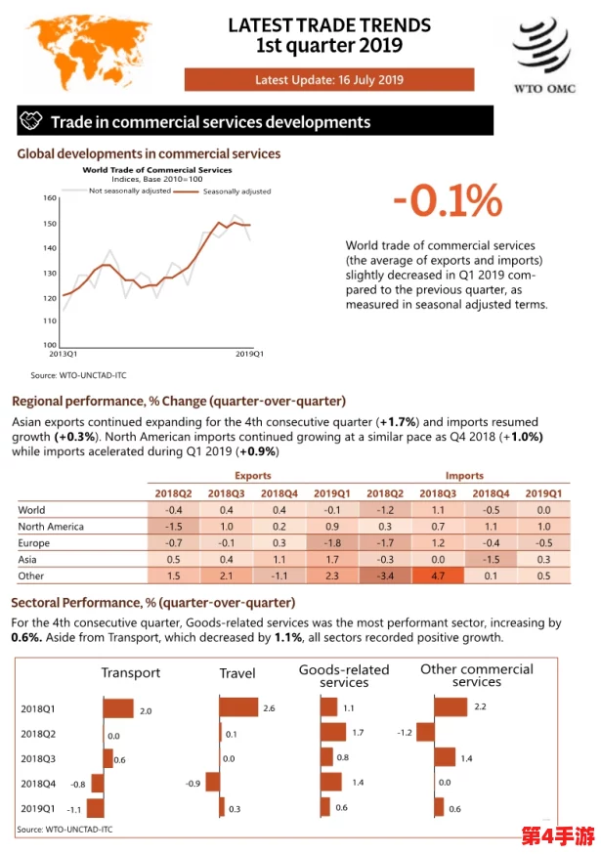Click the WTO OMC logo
[x=543, y=56]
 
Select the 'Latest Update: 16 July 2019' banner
[x=329, y=79]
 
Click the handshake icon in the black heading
[x=30, y=120]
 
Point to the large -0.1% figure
[x=448, y=200]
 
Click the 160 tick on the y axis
[x=50, y=197]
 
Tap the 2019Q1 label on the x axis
[x=249, y=354]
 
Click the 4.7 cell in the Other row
[x=438, y=576]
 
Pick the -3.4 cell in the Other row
[x=385, y=576]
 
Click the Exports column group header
[x=253, y=476]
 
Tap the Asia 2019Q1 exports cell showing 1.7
[x=332, y=559]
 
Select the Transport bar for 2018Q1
[x=118, y=708]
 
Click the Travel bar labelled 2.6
[x=238, y=707]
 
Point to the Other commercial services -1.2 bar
[x=425, y=732]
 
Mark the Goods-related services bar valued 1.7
[x=333, y=732]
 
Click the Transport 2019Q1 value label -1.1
[x=73, y=810]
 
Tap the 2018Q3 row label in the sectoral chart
[x=38, y=758]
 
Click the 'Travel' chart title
[x=237, y=673]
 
